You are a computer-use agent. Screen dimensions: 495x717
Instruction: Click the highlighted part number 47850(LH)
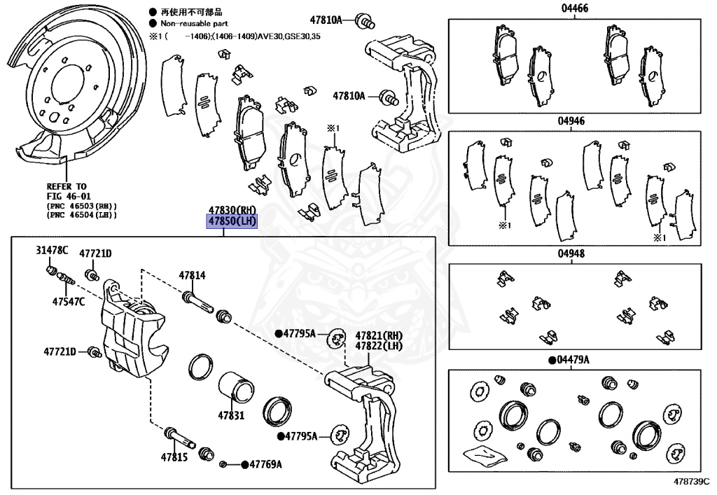(231, 221)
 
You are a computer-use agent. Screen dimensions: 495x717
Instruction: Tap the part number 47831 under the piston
(230, 415)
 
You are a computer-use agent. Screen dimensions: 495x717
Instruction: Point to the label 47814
(192, 276)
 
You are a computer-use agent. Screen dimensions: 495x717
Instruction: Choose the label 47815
(174, 456)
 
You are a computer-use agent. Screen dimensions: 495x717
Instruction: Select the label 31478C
(51, 251)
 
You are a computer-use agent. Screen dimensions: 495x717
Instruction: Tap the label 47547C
(68, 302)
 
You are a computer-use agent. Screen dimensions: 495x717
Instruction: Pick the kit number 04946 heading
(572, 120)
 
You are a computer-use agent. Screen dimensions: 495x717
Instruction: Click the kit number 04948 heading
(572, 254)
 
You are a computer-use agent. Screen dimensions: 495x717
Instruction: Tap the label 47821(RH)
(379, 335)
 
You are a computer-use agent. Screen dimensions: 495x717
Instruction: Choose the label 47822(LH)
(379, 346)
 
